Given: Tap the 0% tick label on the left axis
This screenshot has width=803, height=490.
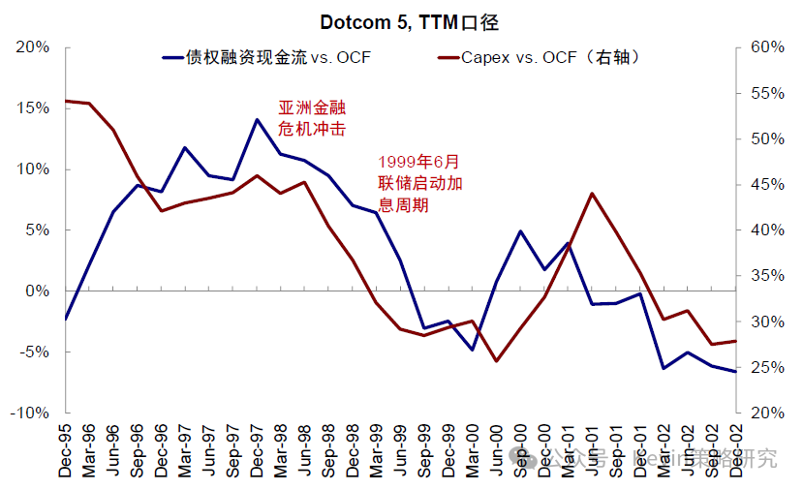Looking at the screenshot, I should [37, 291].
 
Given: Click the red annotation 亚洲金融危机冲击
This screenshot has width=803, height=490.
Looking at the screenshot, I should [312, 117].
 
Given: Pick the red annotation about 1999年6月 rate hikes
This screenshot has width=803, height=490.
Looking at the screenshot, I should [419, 183].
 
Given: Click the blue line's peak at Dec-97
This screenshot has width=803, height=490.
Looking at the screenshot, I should [257, 119].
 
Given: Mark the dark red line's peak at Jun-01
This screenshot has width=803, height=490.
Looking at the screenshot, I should [592, 194].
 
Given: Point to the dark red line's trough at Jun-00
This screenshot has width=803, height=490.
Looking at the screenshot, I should [496, 361].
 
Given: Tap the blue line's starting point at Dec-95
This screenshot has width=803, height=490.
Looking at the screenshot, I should [66, 319].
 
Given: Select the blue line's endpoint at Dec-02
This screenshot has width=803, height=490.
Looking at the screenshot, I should [735, 372].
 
